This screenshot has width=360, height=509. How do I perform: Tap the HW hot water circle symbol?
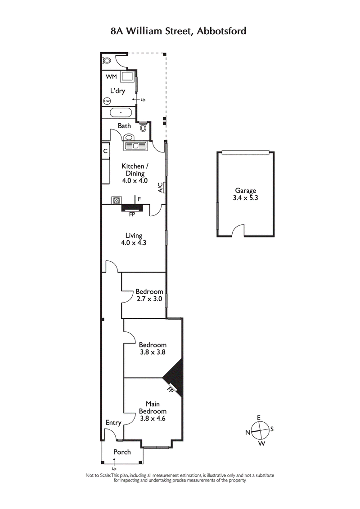coord(107,101)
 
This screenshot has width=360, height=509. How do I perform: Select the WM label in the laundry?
coord(111,77)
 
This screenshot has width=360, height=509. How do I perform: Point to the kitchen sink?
coord(135,146)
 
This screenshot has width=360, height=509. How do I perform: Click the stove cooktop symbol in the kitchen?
coord(116,201)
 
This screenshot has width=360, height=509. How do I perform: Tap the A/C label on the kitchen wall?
coord(161,188)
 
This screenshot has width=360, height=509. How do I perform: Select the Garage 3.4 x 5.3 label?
coord(245,194)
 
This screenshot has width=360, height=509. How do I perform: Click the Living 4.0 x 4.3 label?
coord(134,239)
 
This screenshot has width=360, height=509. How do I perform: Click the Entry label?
coord(113,423)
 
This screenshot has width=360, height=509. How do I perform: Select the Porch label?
coord(122,452)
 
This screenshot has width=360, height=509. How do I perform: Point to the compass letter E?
coord(258,418)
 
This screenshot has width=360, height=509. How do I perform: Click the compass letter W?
coord(261,444)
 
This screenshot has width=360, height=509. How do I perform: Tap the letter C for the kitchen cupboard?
coord(105,151)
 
